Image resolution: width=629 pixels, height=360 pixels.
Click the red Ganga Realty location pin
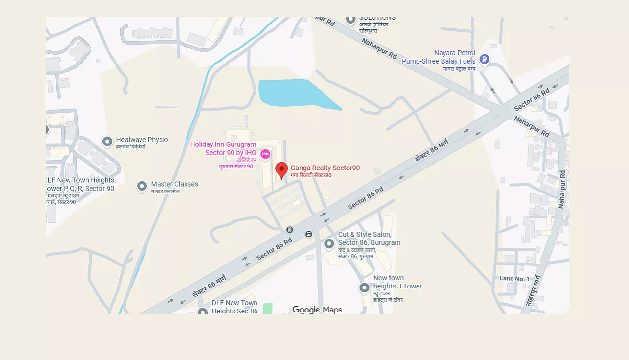click(281, 170)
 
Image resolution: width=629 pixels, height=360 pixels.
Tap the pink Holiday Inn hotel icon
click(266, 154)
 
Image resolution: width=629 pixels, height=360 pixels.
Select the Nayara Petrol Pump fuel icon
click(484, 59)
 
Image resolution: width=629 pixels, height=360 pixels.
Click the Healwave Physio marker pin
click(107, 142)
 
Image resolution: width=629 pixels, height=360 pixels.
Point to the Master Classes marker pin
click(142, 186)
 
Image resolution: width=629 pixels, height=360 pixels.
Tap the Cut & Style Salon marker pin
click(329, 243)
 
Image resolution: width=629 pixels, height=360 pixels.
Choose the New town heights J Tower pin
click(364, 288)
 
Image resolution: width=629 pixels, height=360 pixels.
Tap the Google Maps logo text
click(317, 310)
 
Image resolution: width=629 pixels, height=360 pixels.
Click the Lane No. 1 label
click(514, 279)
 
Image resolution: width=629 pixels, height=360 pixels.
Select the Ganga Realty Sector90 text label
click(325, 168)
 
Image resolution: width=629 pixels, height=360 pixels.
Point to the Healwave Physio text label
click(142, 140)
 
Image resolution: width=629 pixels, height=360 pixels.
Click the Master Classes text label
click(175, 184)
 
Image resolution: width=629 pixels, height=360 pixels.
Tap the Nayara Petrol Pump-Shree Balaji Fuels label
click(439, 57)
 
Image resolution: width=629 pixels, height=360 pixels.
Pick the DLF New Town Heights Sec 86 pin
click(203, 312)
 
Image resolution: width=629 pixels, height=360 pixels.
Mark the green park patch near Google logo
click(267, 309)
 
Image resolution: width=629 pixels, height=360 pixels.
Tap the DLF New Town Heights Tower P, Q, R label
click(80, 184)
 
